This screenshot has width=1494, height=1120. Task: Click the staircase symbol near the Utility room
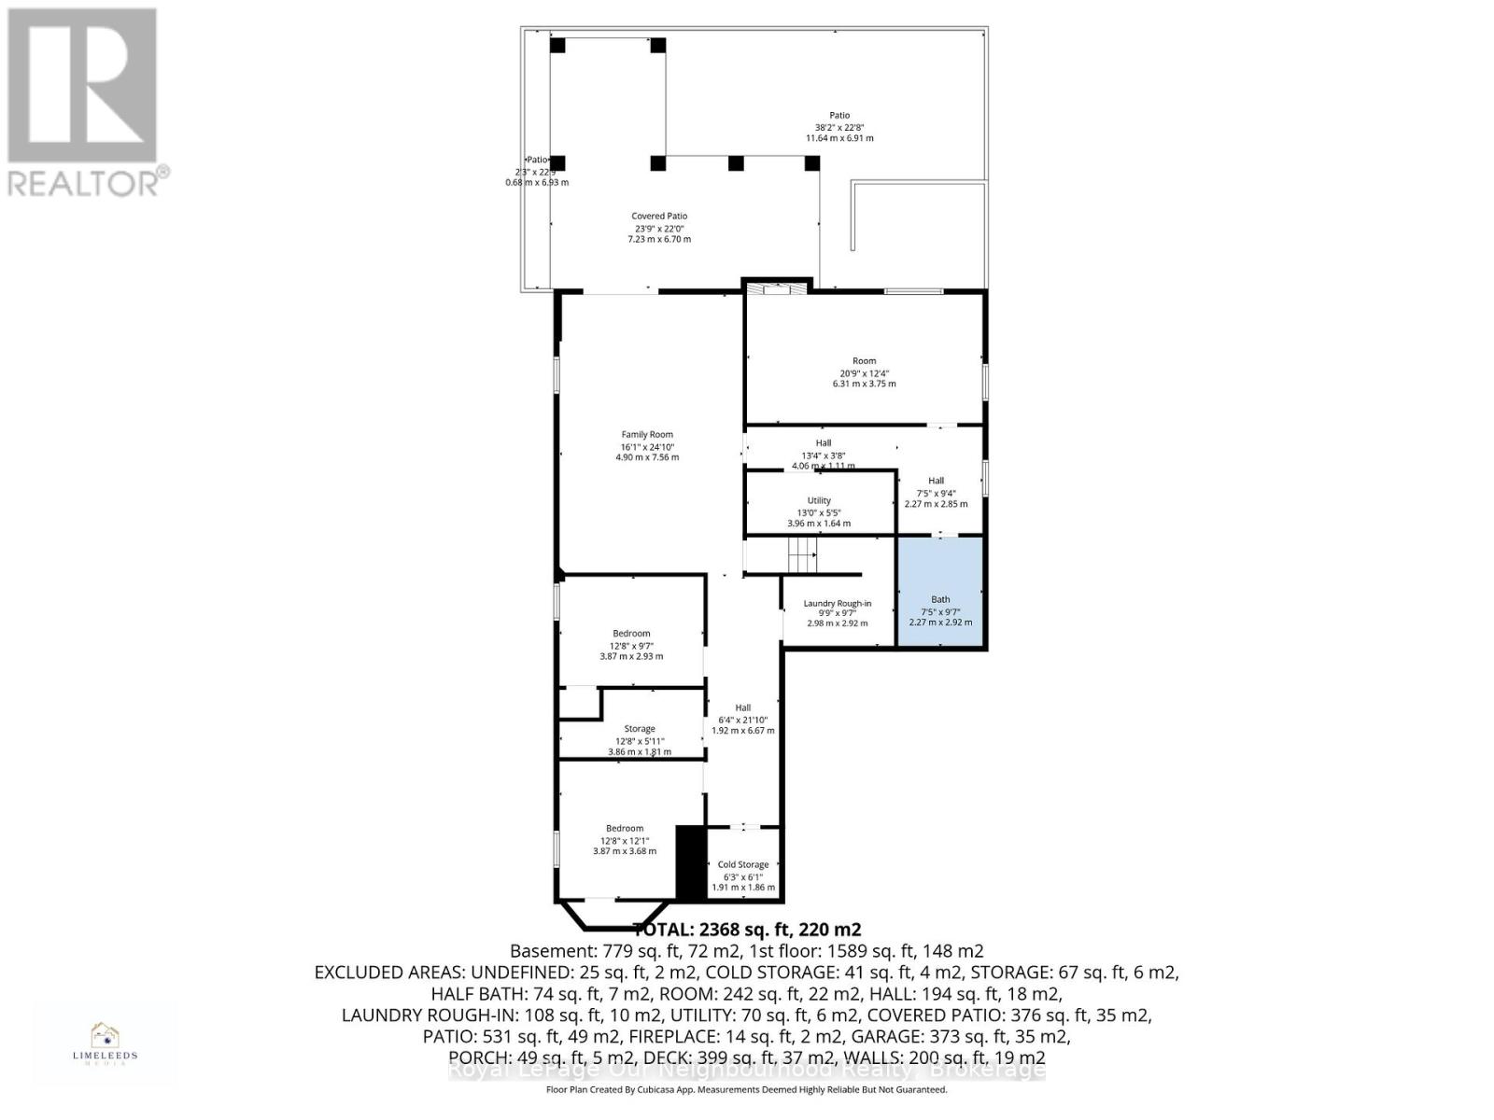tap(802, 556)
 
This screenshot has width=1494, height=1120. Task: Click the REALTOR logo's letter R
tap(82, 86)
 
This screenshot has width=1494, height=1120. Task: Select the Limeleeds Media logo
tap(105, 1043)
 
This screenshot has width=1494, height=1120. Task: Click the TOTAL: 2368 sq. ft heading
tap(747, 930)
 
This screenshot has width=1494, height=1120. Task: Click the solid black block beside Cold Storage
tap(690, 863)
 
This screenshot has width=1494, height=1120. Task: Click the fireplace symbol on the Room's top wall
tap(775, 288)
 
